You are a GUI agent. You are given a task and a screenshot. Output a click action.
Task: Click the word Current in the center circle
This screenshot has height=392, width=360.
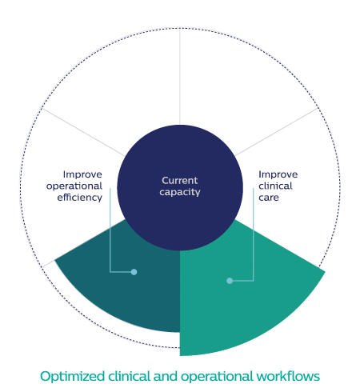click(x=180, y=181)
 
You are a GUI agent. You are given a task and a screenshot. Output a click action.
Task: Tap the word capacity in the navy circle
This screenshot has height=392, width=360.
click(x=180, y=192)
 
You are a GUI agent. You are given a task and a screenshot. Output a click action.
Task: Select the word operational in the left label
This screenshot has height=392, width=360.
click(x=74, y=186)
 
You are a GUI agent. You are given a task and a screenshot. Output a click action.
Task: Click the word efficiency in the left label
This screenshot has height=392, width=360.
click(x=79, y=198)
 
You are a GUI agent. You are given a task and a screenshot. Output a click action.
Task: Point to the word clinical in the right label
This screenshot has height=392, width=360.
click(x=275, y=186)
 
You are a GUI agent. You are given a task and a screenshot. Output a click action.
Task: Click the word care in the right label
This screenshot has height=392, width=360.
click(x=269, y=198)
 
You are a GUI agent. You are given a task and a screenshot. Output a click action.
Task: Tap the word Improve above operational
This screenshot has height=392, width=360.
click(x=82, y=174)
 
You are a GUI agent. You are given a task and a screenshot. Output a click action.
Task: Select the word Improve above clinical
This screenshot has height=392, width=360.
click(x=278, y=174)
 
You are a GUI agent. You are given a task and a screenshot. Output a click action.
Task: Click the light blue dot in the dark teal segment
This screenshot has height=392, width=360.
click(x=134, y=272)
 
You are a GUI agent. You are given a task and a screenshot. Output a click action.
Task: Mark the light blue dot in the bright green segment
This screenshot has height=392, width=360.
click(x=230, y=281)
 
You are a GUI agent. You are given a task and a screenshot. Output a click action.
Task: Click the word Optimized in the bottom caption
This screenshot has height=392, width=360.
click(x=72, y=377)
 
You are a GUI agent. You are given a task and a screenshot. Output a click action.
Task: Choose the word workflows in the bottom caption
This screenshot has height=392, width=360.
click(x=288, y=376)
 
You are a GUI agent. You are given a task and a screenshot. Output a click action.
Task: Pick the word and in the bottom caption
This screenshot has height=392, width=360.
click(x=166, y=376)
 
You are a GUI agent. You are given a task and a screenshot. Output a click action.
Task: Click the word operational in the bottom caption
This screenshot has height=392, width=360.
click(x=217, y=377)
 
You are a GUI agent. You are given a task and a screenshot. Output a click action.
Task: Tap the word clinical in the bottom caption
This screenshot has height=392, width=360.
click(x=130, y=376)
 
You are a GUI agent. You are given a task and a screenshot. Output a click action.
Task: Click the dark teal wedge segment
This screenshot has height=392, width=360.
click(x=134, y=294)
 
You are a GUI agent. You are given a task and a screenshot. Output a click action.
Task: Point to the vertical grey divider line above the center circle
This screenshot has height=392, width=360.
click(x=180, y=76)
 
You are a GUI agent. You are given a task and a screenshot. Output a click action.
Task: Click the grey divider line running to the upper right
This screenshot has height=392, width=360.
click(x=277, y=132)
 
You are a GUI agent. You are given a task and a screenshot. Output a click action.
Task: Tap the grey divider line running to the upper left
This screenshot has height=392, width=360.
click(x=83, y=132)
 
